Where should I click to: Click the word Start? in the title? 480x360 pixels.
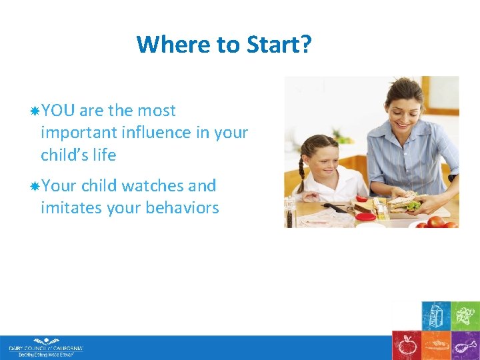pyautogui.click(x=281, y=45)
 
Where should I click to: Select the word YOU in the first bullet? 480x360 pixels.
pyautogui.click(x=58, y=111)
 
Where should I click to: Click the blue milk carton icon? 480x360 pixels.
pyautogui.click(x=436, y=315)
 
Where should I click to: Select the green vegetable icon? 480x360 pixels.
pyautogui.click(x=465, y=315)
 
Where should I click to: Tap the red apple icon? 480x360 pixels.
pyautogui.click(x=406, y=345)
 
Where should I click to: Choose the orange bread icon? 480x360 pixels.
pyautogui.click(x=436, y=345)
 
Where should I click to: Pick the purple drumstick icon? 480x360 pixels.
pyautogui.click(x=465, y=345)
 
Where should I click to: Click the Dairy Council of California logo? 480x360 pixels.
pyautogui.click(x=45, y=349)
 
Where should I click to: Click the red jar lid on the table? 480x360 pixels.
pyautogui.click(x=364, y=216)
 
